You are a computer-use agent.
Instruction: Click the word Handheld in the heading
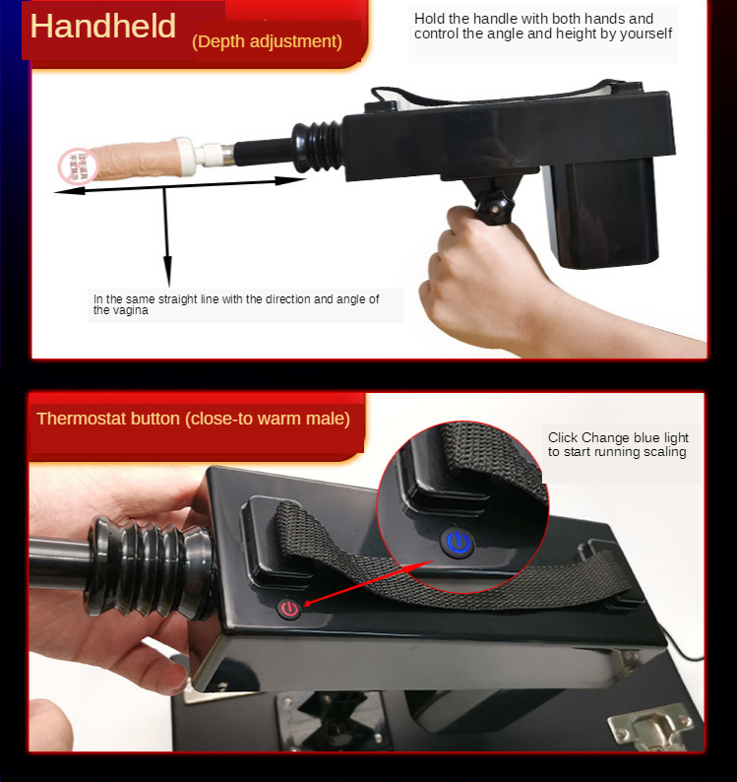[102, 26]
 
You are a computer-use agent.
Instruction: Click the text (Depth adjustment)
[267, 41]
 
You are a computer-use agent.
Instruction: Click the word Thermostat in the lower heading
[75, 419]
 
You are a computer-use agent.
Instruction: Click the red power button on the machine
[290, 609]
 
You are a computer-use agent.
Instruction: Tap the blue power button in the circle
[458, 543]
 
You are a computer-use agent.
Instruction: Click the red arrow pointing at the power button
[368, 582]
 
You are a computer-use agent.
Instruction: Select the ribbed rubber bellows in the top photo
[318, 146]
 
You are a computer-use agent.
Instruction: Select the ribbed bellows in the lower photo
[150, 567]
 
